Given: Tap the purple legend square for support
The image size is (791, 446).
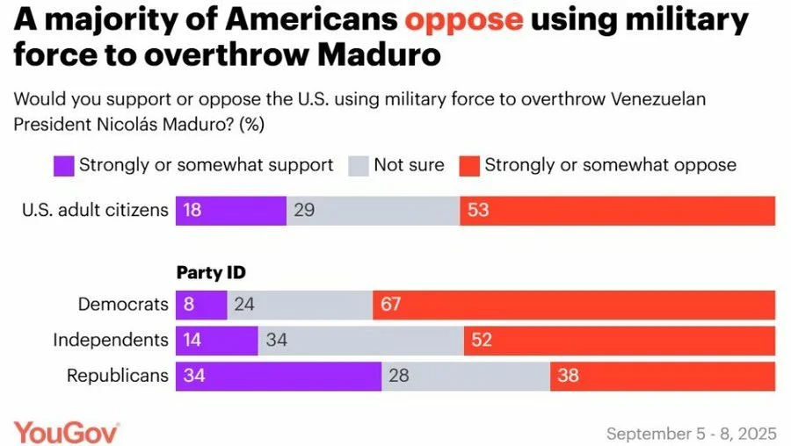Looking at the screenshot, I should point(63,164).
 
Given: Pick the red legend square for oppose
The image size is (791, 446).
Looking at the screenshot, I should point(468,164).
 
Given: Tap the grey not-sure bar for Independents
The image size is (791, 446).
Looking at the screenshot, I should point(360,340).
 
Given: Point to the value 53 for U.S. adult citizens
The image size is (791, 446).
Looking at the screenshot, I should point(478,212).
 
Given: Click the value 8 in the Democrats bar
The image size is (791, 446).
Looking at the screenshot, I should point(188,305).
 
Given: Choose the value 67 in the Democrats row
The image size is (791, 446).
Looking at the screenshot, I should point(391,305).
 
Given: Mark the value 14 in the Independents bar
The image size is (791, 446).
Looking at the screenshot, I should point(192,340).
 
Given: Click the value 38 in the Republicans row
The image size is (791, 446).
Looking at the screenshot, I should point(569,376).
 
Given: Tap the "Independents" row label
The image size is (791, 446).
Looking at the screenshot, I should point(111,340).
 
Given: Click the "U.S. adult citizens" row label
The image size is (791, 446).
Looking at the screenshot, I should point(95,212).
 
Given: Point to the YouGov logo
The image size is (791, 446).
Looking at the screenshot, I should point(67,432).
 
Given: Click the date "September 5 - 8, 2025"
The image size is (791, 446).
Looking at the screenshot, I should point(690,434).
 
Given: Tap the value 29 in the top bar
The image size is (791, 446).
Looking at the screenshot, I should point(304,212).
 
